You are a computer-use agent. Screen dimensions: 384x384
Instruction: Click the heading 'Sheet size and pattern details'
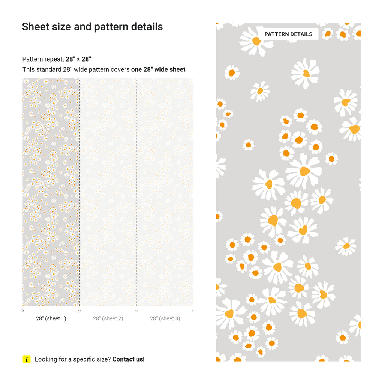(92, 27)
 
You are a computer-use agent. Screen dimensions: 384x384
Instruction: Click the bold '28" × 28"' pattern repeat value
(78, 59)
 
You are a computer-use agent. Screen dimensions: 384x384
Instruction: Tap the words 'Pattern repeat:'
(43, 59)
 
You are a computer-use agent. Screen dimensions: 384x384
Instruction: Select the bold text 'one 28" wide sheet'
(158, 69)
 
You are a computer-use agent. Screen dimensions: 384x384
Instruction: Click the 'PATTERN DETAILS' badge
(288, 34)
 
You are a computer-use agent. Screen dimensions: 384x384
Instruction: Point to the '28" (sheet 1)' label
(51, 318)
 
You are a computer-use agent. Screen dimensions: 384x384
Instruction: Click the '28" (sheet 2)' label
(108, 318)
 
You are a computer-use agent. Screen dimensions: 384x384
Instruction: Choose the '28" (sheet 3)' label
(165, 318)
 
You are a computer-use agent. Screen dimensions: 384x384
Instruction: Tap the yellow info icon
(26, 359)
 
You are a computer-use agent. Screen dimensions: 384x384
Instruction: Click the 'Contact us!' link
(128, 359)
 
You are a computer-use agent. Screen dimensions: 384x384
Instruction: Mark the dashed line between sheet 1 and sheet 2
(79, 191)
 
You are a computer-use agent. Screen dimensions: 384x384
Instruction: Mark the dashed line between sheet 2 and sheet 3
(136, 191)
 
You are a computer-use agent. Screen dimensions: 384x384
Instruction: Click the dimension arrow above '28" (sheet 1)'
(51, 311)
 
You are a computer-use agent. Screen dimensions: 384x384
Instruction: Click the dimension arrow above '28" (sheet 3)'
(165, 311)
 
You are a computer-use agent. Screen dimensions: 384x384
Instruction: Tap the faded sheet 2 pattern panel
(108, 191)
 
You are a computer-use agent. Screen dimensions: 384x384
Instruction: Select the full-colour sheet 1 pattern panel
(51, 191)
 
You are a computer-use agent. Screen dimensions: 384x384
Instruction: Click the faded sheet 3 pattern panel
(165, 191)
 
